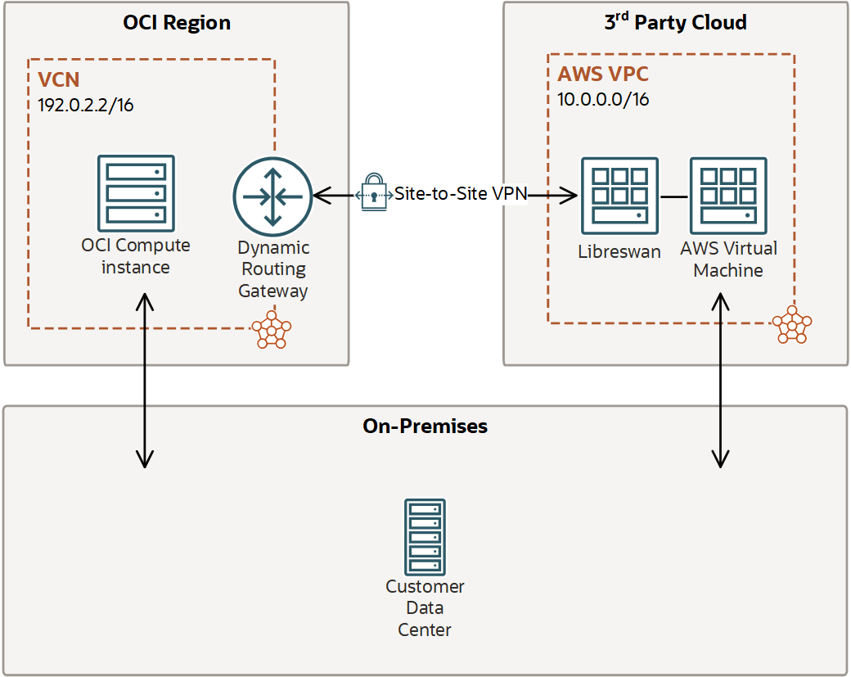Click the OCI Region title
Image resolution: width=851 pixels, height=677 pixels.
(177, 22)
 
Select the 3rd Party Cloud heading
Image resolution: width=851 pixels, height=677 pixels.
(675, 22)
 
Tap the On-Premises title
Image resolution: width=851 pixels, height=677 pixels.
(425, 427)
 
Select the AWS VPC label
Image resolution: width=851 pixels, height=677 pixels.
(603, 74)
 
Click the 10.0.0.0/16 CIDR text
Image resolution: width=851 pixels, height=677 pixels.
(604, 100)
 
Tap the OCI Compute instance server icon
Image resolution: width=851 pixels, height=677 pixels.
(136, 192)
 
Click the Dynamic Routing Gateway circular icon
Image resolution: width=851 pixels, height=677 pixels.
(272, 196)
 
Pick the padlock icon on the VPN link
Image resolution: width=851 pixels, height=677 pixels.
(373, 193)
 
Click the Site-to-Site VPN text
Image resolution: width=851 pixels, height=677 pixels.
(460, 194)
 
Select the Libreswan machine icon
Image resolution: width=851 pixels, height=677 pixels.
(619, 196)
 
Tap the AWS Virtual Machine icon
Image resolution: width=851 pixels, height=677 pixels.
(728, 196)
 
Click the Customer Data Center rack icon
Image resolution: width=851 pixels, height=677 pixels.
(425, 537)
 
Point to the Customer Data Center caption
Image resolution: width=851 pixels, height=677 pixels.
(425, 608)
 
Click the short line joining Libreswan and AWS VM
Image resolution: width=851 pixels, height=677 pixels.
(673, 196)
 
